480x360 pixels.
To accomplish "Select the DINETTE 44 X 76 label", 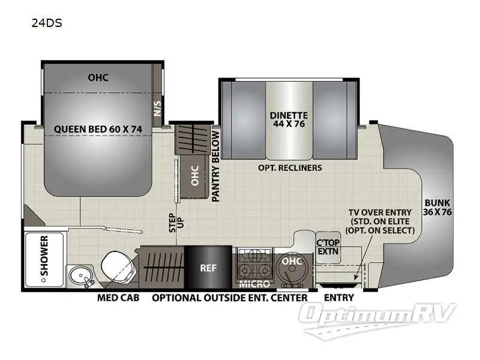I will [x=289, y=120].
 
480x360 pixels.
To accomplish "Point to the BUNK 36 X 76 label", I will [x=437, y=208].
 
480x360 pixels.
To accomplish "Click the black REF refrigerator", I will [x=208, y=268].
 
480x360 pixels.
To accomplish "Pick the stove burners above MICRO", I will [x=254, y=263].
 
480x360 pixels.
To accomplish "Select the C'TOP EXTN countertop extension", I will [x=328, y=247].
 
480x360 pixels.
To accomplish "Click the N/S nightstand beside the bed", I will [x=158, y=108].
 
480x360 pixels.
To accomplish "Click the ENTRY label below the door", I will [x=339, y=298].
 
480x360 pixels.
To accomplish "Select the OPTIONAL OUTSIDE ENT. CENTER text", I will [x=230, y=298].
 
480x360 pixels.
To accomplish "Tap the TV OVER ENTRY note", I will [x=382, y=221].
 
